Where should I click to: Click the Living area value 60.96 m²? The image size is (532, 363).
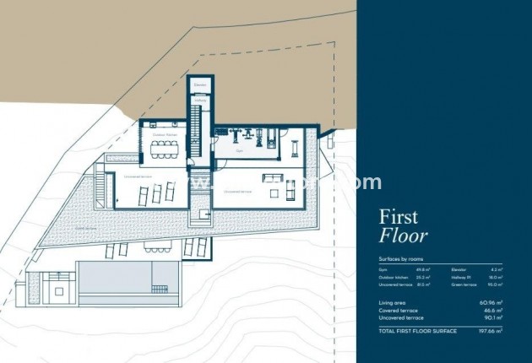(x=492, y=301)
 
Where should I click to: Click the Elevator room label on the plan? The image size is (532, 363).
(x=200, y=86)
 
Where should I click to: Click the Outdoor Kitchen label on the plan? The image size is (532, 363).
(x=164, y=134)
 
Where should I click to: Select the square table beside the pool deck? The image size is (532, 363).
(x=57, y=290)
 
